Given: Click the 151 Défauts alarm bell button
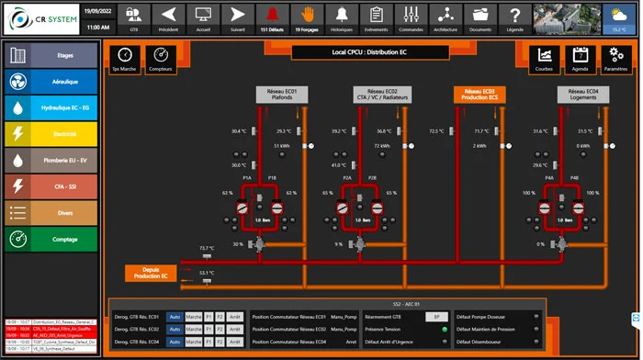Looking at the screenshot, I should coord(272,17).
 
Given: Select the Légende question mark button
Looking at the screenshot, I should coord(517,17).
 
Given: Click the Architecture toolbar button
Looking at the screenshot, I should coord(446,17).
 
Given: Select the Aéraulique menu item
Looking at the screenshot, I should coord(51,81).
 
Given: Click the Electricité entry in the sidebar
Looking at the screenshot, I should coord(51,134).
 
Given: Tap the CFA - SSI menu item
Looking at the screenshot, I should coord(51,186).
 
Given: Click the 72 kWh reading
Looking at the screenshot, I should coord(382,146).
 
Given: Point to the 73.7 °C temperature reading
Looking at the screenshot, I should coord(207,248).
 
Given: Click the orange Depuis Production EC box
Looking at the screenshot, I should coord(150,272).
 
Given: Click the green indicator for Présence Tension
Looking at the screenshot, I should coord(445,329).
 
